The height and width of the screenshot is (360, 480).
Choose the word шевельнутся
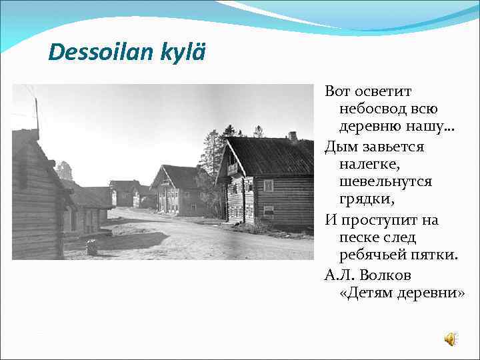[385, 181]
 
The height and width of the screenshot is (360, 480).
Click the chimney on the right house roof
[293, 137]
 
